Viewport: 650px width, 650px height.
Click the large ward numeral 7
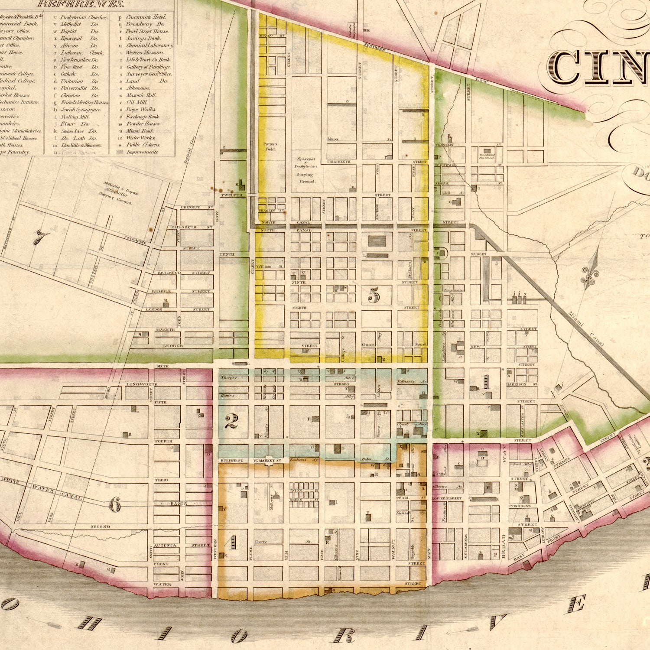(x=42, y=237)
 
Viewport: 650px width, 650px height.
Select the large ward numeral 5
(x=374, y=296)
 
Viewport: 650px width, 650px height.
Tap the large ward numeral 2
(x=231, y=421)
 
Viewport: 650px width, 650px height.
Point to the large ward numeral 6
(x=114, y=504)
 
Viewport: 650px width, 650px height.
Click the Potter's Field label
(x=270, y=146)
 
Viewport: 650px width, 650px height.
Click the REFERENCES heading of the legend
(x=81, y=4)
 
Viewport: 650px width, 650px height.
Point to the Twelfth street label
(x=231, y=195)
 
